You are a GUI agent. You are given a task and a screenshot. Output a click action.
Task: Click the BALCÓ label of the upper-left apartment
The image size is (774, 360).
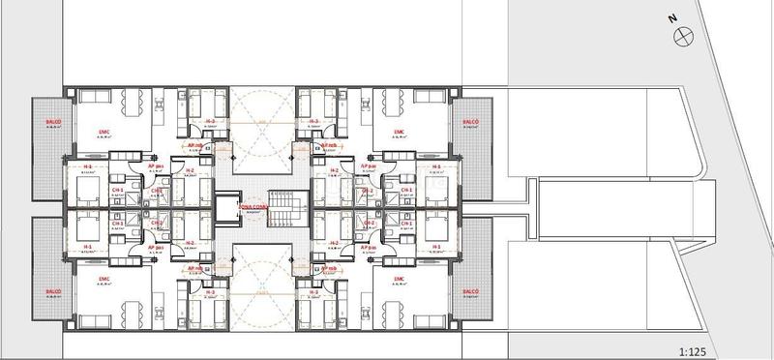[x=53, y=122]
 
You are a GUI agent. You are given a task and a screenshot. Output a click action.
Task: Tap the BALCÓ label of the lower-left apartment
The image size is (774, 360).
[x=53, y=289]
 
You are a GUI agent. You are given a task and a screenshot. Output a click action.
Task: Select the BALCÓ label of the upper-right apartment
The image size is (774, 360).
[x=471, y=122]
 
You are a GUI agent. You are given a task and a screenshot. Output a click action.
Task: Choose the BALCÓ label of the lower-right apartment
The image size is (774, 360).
[x=471, y=289]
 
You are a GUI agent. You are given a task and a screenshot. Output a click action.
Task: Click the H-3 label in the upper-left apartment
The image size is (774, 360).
[x=208, y=121]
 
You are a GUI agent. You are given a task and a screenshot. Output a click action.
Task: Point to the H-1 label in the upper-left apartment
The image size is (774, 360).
[x=87, y=165]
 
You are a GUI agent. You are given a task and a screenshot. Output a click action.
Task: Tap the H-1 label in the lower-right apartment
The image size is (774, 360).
[x=437, y=247]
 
